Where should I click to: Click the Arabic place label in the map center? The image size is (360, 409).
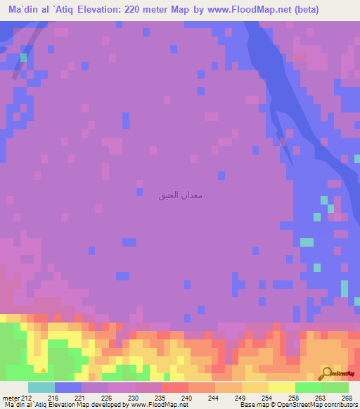point(181,195)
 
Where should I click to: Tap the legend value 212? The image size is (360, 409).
point(28,397)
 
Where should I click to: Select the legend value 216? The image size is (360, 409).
point(54,397)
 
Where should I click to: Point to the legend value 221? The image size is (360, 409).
point(81,397)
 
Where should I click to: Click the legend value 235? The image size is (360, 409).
point(161,397)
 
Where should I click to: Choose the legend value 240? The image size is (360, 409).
point(188,397)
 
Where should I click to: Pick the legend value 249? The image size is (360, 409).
point(241,397)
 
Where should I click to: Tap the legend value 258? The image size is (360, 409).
point(295,397)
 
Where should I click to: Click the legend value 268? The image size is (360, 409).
point(347,397)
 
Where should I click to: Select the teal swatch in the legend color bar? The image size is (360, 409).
point(41,387)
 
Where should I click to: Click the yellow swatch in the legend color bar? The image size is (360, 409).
point(281,387)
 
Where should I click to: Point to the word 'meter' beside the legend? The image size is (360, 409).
point(12,397)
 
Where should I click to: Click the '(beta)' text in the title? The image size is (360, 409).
point(283,9)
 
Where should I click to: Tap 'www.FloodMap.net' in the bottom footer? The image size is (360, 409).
point(157,404)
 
